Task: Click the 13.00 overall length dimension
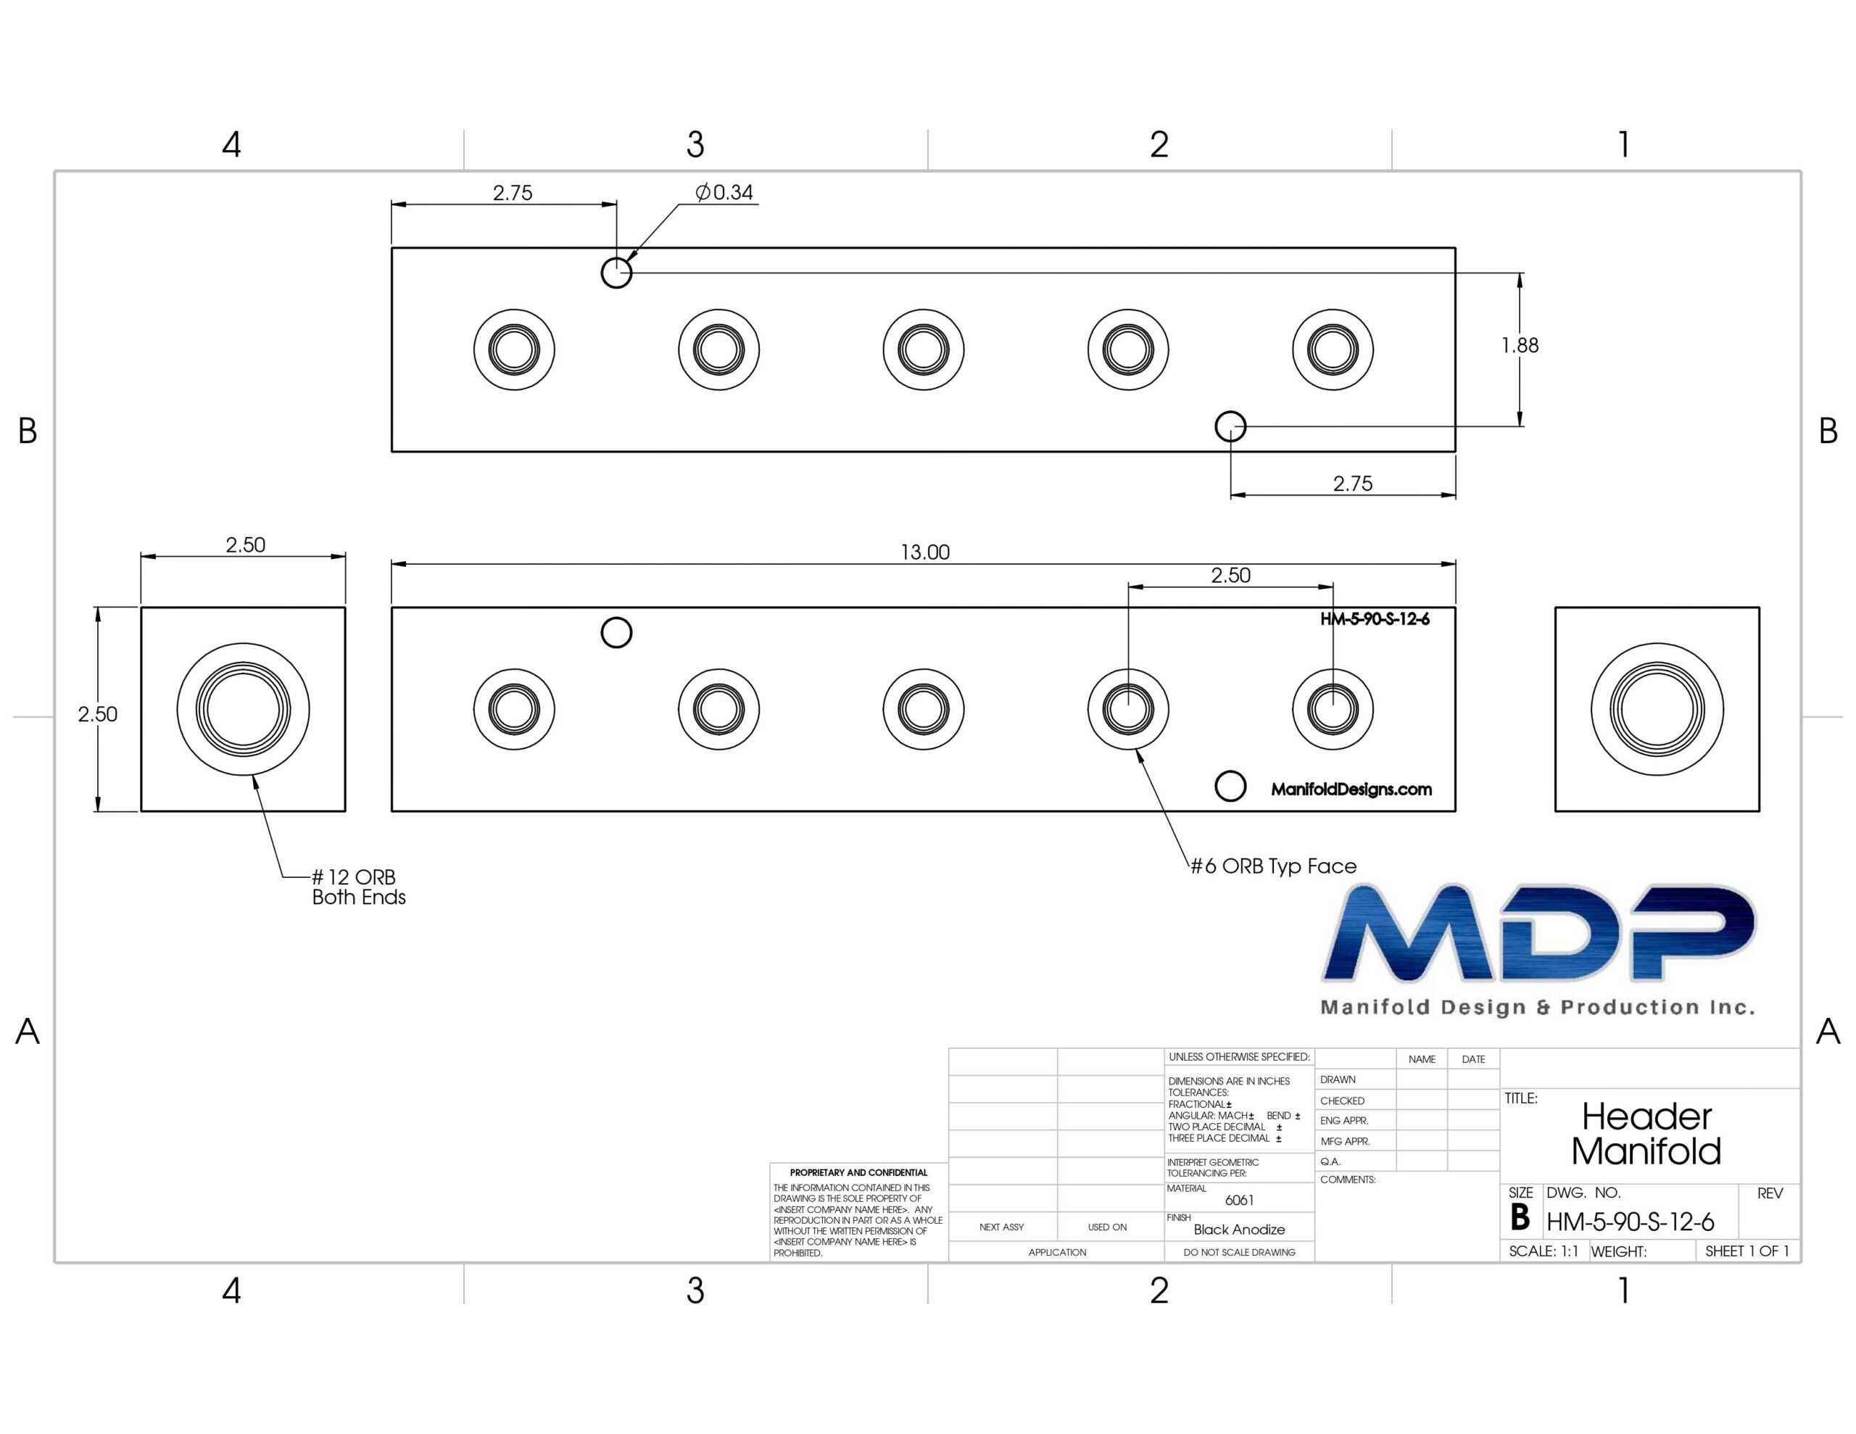[924, 552]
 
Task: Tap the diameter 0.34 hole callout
[724, 193]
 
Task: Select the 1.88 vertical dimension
[1520, 345]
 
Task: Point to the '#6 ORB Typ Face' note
[1273, 866]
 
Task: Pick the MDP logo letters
[1538, 932]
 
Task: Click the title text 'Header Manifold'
[1646, 1134]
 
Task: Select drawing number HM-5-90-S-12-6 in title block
[1630, 1222]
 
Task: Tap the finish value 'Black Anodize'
[1239, 1229]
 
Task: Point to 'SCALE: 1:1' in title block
[1544, 1251]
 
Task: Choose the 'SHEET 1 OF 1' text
[1747, 1251]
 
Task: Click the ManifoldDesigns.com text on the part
[1351, 789]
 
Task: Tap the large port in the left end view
[243, 709]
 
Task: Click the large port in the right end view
[1657, 709]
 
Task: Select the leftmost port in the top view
[514, 349]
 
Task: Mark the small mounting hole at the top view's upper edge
[616, 273]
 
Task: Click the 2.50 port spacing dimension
[1230, 576]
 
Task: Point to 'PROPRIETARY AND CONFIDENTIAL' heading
[858, 1172]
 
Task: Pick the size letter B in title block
[1520, 1218]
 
